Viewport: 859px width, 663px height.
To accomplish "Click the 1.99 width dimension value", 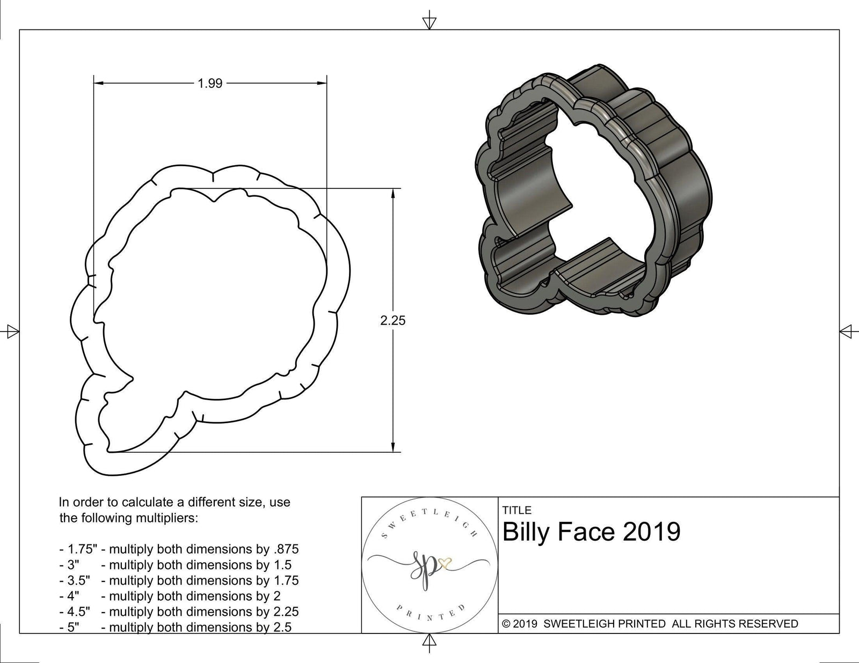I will (210, 83).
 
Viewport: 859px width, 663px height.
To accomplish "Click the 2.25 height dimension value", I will (393, 321).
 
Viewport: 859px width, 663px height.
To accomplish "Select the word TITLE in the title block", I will (517, 510).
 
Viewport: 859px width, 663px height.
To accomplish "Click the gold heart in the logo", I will (445, 564).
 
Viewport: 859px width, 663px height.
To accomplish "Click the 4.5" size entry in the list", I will (75, 612).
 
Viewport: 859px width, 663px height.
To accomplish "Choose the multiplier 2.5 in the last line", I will (282, 627).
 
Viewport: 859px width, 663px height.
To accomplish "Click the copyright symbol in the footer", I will (506, 624).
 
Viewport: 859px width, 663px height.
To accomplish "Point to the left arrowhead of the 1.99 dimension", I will (98, 83).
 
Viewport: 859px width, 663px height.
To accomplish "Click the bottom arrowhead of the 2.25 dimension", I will (393, 447).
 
